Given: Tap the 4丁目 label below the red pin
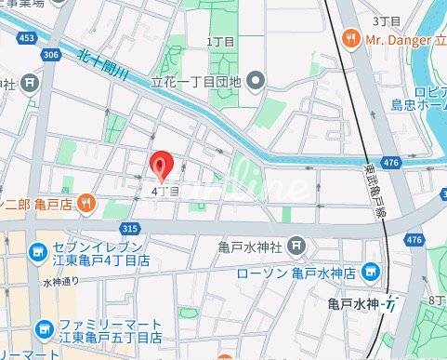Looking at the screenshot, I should click(x=164, y=191).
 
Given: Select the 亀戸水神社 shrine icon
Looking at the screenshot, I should click(x=296, y=247).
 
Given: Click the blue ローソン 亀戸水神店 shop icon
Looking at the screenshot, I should click(x=371, y=272).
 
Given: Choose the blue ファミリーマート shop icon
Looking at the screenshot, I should click(x=43, y=328).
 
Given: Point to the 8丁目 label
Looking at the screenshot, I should click(x=437, y=300).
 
